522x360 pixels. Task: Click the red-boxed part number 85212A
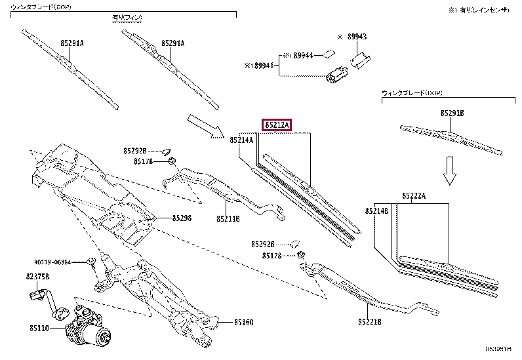(x=277, y=125)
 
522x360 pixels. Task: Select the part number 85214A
(x=241, y=140)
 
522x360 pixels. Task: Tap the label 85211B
(x=228, y=218)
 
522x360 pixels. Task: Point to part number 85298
(x=182, y=218)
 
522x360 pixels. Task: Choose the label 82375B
(x=38, y=277)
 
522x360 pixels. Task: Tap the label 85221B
(x=370, y=322)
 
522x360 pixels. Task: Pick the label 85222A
(x=414, y=196)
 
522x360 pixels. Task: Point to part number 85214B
(x=376, y=210)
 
